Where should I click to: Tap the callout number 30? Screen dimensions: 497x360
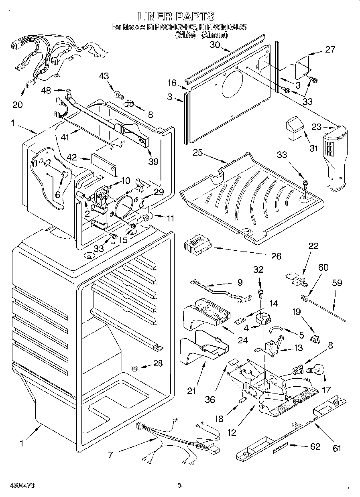tap(215, 45)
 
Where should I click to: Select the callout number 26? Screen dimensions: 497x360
tap(277, 256)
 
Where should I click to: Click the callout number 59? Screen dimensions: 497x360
tap(337, 283)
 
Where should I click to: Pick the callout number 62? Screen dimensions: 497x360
tap(316, 447)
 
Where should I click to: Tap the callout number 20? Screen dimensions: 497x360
tap(17, 105)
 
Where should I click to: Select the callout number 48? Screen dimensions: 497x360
tap(46, 91)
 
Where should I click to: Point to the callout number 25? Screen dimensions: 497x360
tap(197, 153)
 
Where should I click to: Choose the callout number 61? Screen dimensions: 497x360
tap(337, 448)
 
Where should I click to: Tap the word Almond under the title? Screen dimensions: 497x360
tap(215, 35)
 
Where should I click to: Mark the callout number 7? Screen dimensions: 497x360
tap(110, 455)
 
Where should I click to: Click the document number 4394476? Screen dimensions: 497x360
tap(18, 485)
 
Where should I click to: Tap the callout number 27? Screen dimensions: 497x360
tap(330, 50)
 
